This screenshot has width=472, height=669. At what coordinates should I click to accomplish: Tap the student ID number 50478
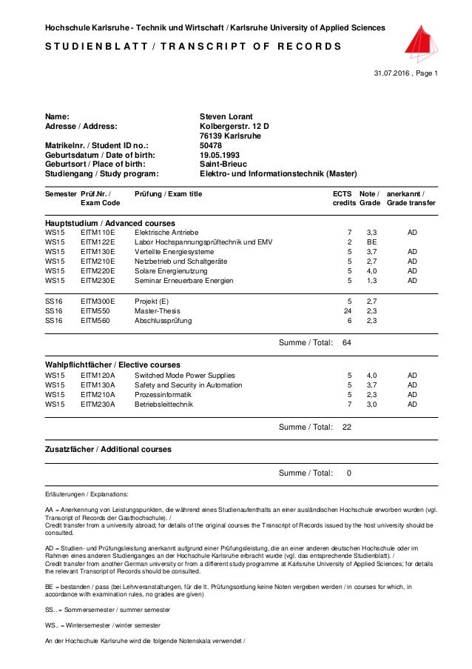click(212, 145)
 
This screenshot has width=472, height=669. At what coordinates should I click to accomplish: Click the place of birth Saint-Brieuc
click(223, 164)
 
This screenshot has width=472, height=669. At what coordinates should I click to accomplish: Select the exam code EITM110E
click(98, 233)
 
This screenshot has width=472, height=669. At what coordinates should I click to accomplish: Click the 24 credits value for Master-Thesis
click(348, 311)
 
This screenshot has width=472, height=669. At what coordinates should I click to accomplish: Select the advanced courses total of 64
click(347, 343)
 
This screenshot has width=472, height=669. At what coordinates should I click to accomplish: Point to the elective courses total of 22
click(347, 427)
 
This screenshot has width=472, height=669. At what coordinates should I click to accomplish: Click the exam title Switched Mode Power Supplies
click(184, 376)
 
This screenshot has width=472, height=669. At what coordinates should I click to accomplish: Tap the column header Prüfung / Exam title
click(168, 193)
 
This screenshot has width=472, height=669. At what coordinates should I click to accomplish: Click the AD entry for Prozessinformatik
click(412, 395)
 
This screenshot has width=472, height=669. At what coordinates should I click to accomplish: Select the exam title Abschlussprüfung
click(163, 321)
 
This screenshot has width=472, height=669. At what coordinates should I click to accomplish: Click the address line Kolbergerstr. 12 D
click(235, 126)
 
